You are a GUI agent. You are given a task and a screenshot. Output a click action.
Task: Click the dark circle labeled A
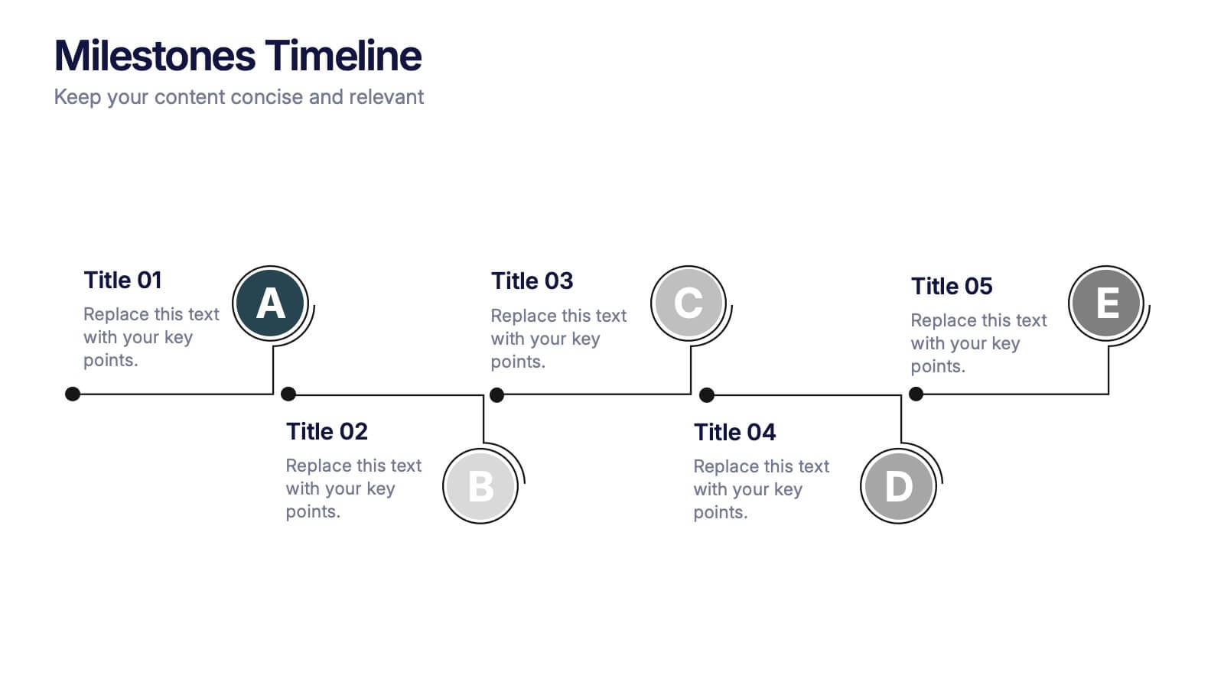pos(271,303)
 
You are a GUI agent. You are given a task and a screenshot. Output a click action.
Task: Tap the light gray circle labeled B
pos(480,486)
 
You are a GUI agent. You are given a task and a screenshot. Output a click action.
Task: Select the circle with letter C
pos(688,303)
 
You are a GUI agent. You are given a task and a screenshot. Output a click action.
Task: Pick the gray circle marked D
pos(898,486)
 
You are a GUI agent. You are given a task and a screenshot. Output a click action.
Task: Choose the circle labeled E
pos(1106,303)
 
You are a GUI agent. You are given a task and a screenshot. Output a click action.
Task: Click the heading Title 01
pos(123,280)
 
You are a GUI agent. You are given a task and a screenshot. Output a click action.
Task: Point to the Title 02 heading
pos(327,431)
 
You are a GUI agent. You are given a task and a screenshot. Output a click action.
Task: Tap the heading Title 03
pos(532,281)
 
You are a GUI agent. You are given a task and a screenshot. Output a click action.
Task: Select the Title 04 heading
pos(735,433)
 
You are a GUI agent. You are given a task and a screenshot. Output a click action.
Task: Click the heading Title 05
pos(952,286)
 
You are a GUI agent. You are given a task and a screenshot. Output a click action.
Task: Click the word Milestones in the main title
pos(155,56)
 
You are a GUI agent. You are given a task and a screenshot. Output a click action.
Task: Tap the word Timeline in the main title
pos(343,56)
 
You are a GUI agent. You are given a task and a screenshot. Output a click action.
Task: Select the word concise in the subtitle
pos(267,97)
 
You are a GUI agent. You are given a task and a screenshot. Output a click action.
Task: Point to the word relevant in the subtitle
pos(386,97)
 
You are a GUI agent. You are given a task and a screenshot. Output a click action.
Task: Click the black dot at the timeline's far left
pos(73,394)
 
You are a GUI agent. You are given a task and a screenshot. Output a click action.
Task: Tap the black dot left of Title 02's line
pos(288,394)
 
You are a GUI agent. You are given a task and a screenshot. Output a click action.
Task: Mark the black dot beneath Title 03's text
pos(496,394)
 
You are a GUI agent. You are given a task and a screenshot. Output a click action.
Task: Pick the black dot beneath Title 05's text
pos(916,394)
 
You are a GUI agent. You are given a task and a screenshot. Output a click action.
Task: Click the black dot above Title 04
pos(707,394)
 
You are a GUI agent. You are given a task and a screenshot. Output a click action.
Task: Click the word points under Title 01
pos(110,360)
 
